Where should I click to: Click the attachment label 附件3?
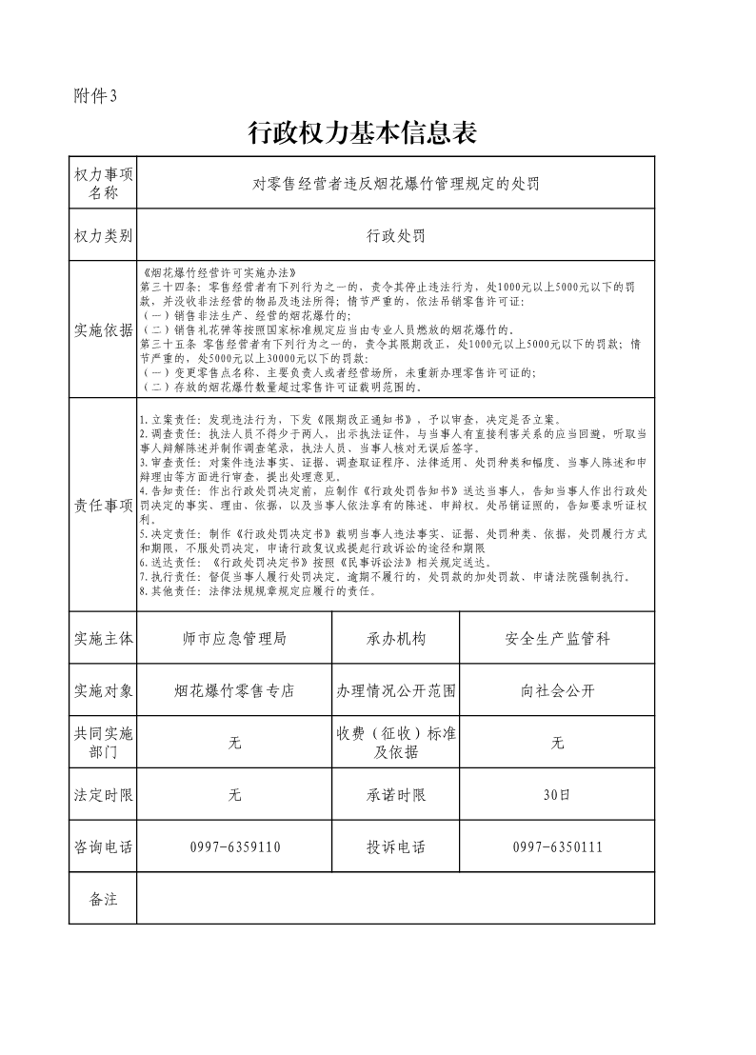[x=94, y=95]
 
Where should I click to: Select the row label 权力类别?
[x=103, y=235]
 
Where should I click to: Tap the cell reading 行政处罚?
[x=395, y=235]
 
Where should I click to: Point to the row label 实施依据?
[x=103, y=330]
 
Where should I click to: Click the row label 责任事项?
[x=103, y=506]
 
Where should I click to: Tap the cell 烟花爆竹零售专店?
[x=234, y=691]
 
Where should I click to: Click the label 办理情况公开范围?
[x=395, y=691]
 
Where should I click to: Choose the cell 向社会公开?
[x=557, y=691]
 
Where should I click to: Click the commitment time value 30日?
[x=557, y=795]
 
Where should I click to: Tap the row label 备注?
[x=103, y=899]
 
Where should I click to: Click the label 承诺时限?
[x=395, y=795]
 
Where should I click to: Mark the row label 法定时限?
[x=103, y=795]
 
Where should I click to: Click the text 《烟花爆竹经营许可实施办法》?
[x=219, y=272]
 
